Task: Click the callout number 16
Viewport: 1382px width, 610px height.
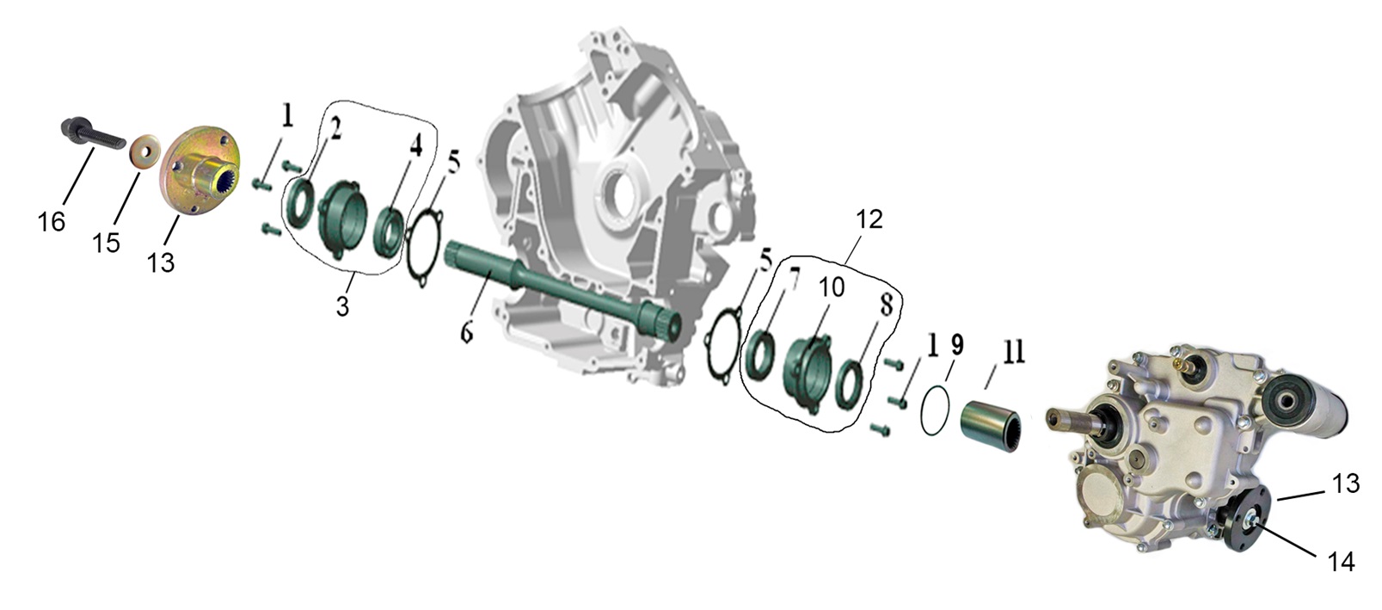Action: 52,222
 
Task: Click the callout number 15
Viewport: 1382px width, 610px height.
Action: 106,243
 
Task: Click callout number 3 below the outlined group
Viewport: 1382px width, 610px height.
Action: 343,305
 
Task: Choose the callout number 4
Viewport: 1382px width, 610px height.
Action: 416,148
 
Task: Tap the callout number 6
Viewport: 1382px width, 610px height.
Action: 466,333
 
